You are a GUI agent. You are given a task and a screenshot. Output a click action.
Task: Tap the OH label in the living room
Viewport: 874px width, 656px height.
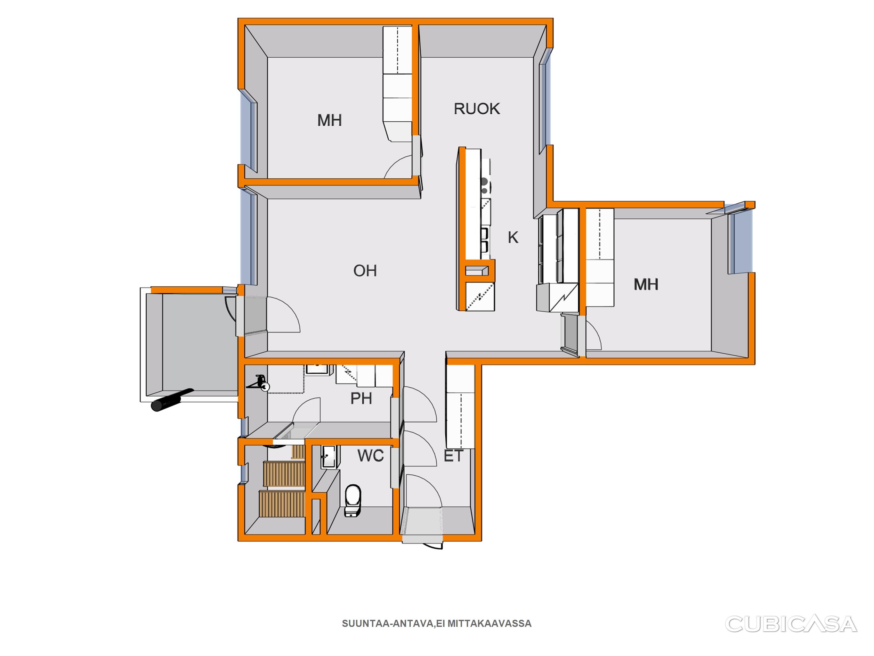(x=365, y=271)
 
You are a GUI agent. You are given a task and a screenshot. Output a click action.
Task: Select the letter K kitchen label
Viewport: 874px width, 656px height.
(x=513, y=237)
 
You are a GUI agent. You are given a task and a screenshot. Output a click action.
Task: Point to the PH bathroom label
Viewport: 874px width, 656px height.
(x=361, y=398)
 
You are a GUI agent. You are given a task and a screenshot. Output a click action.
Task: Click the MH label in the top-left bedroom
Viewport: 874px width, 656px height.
(x=329, y=120)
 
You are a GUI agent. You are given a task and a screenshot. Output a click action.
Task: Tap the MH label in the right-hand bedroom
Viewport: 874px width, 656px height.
(x=646, y=285)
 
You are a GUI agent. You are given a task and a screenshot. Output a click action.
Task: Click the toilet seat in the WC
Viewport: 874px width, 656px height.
(x=353, y=501)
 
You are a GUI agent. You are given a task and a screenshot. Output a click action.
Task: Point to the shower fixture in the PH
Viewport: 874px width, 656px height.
(x=260, y=383)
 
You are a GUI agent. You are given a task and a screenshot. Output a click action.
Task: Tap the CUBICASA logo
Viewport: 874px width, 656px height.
(x=791, y=624)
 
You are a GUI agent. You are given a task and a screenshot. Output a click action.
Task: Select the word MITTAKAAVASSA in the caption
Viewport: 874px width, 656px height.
(x=490, y=624)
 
